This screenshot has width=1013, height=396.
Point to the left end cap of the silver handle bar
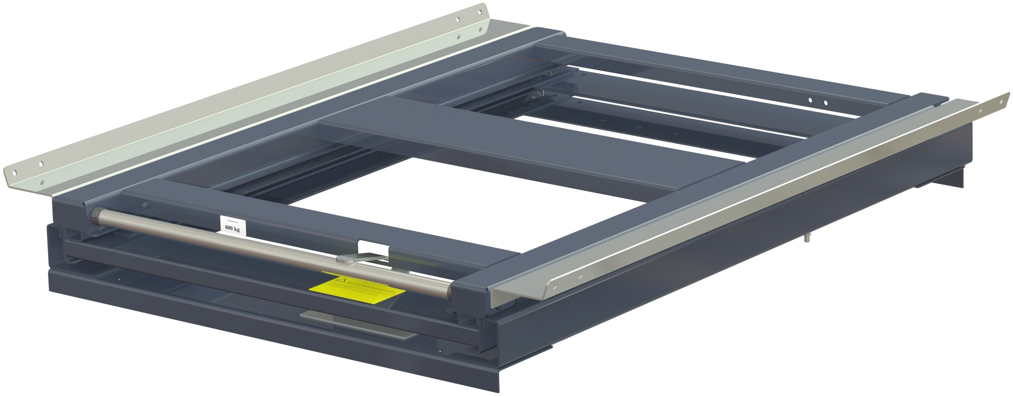tap(94, 216)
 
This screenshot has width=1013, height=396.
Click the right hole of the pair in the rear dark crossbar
tap(826, 103)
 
